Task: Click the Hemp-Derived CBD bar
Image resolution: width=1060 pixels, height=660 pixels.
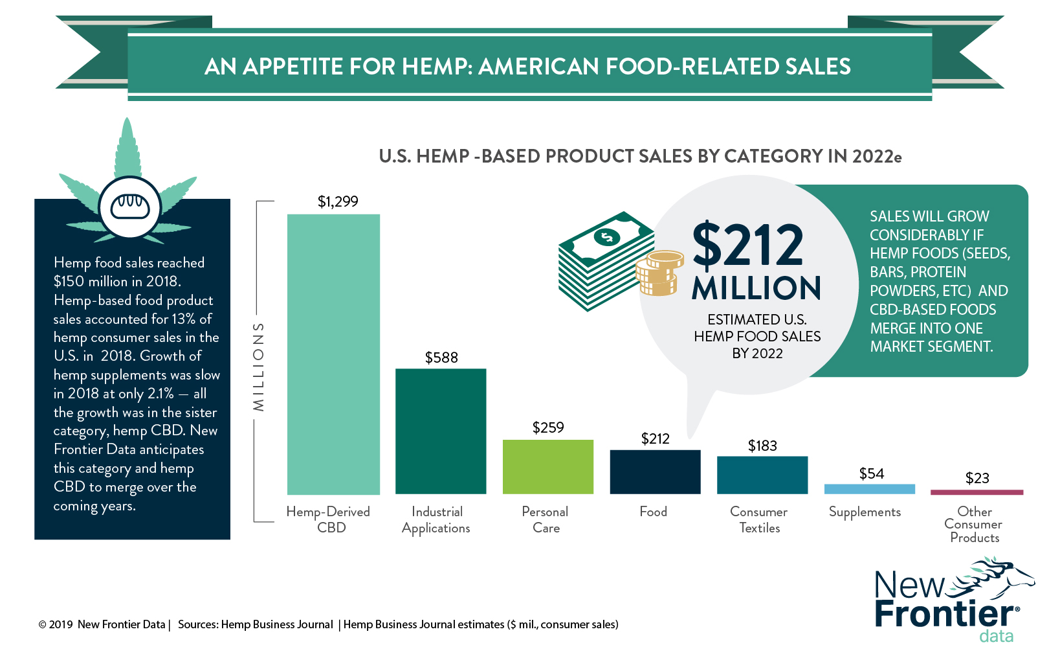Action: [333, 354]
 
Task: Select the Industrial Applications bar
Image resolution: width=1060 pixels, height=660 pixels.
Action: [441, 431]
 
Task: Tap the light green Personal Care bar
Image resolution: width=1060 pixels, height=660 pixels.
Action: [548, 467]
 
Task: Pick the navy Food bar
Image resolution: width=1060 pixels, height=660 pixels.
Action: [655, 472]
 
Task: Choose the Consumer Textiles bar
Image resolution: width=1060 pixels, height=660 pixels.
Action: [762, 475]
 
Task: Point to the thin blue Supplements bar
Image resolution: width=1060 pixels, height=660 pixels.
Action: [869, 489]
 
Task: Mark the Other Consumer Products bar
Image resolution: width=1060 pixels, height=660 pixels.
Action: [977, 492]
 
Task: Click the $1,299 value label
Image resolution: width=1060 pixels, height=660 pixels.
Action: [338, 201]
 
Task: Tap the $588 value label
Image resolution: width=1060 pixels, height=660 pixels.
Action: [441, 358]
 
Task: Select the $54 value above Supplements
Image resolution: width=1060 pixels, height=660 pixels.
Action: [872, 473]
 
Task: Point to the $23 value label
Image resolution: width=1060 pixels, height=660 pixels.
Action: [977, 478]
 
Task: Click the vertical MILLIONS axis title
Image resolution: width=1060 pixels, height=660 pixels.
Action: [259, 367]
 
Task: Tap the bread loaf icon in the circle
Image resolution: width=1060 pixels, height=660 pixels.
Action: [130, 207]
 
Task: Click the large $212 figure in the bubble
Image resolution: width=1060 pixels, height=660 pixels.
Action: [748, 245]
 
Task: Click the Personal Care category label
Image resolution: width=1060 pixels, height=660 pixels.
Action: [546, 519]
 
